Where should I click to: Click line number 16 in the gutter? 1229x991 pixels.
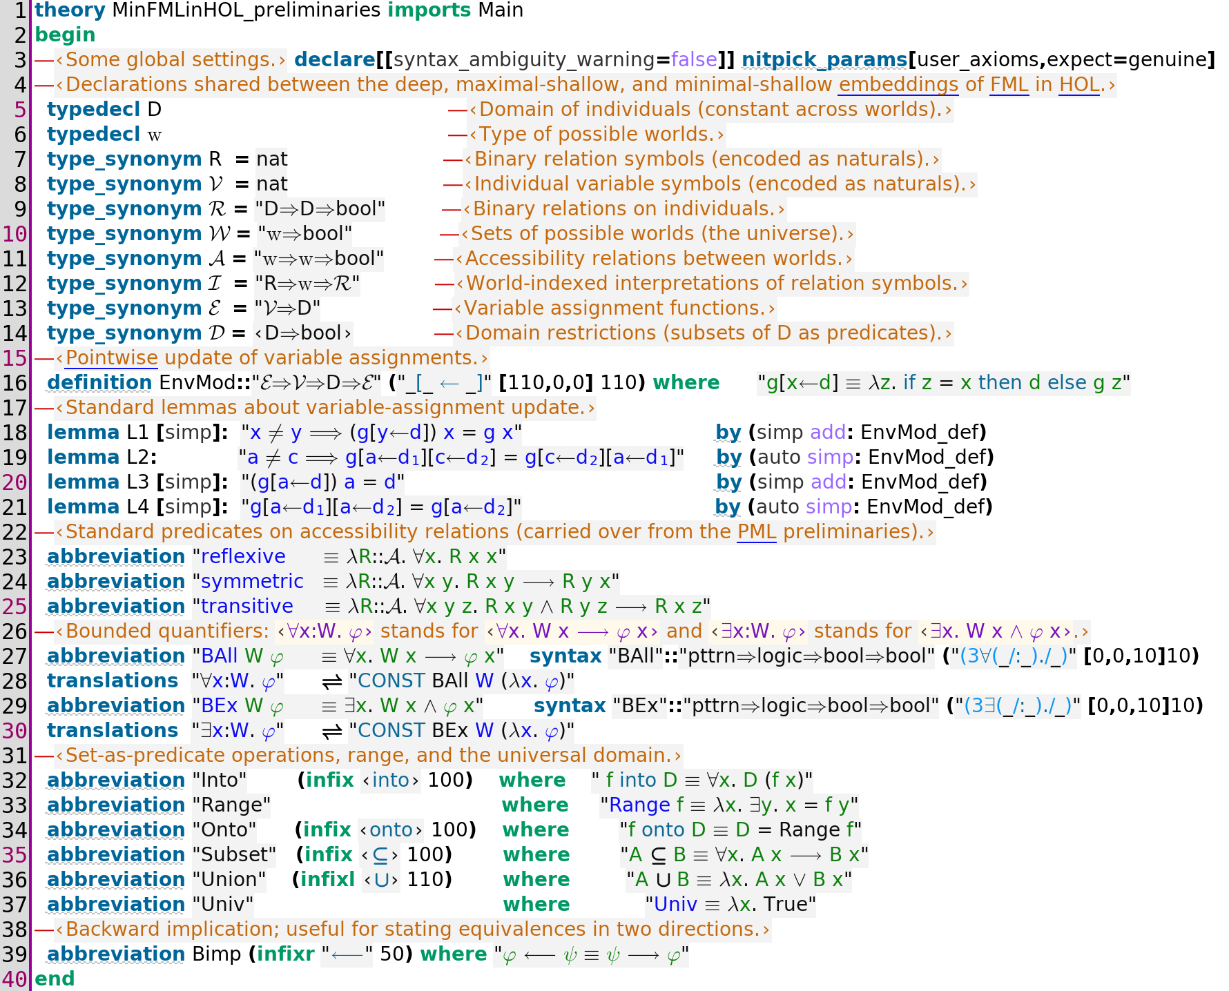[14, 383]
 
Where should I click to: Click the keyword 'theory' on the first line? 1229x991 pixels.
[70, 10]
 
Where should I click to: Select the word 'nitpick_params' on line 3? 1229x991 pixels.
[824, 60]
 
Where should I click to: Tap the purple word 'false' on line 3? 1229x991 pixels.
[694, 60]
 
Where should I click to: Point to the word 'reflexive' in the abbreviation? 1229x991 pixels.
[243, 557]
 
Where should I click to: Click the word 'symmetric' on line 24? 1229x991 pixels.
[252, 582]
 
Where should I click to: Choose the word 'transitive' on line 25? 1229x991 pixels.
[247, 607]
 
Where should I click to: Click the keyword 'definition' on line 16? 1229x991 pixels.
[99, 383]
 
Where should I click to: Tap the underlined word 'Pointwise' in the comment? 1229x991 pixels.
[112, 358]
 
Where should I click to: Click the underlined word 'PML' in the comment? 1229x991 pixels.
[757, 532]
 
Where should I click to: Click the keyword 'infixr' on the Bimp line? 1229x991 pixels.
[285, 954]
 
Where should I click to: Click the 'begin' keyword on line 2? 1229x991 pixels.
[65, 35]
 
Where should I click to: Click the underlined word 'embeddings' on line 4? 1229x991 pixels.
[898, 85]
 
